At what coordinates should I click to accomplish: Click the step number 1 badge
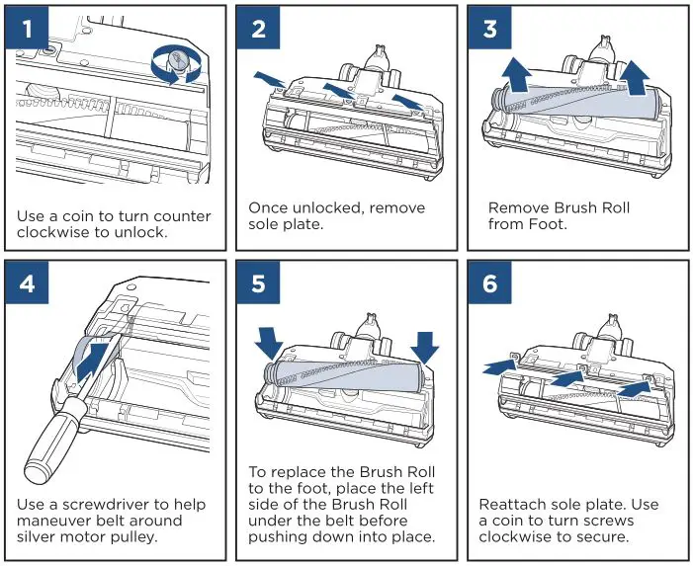(28, 28)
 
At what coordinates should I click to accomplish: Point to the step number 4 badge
(28, 283)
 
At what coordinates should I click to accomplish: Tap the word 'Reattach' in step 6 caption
(514, 502)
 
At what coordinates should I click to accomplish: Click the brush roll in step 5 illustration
(346, 374)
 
